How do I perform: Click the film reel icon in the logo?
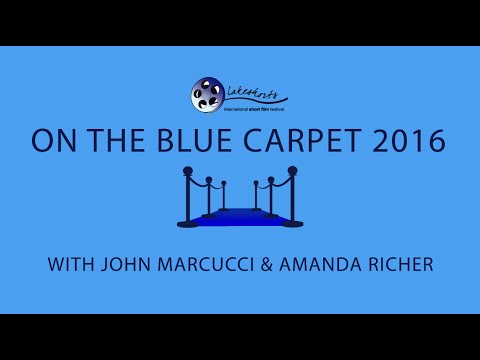click(x=207, y=94)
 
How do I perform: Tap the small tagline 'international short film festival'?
click(x=252, y=108)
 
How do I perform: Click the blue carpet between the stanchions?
click(x=239, y=217)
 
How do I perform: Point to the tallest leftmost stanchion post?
click(x=186, y=200)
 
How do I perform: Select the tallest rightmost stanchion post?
click(x=293, y=200)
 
